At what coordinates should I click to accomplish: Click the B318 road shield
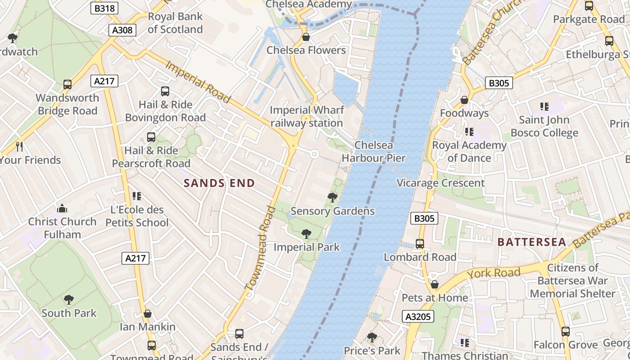[104, 8]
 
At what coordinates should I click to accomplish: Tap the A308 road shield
[122, 30]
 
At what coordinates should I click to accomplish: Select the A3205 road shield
[418, 317]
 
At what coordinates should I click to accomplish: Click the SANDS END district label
[219, 183]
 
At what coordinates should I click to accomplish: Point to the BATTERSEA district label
[531, 242]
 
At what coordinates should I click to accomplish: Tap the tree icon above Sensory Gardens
[333, 197]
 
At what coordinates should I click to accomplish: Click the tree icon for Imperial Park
[306, 234]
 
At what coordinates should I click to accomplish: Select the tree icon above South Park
[69, 299]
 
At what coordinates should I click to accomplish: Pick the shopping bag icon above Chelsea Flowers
[306, 37]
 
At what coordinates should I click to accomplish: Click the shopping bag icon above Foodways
[464, 100]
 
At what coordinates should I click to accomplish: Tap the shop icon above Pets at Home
[434, 284]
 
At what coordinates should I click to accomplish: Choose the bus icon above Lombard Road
[420, 244]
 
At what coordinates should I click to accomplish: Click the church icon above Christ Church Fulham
[62, 208]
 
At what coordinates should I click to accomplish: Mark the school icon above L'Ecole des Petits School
[137, 196]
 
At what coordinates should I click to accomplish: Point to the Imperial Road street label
[198, 82]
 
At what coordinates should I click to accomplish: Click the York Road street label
[494, 273]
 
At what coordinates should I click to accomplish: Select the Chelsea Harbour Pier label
[373, 152]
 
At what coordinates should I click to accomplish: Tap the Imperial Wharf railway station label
[307, 117]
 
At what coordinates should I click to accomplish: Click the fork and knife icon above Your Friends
[19, 146]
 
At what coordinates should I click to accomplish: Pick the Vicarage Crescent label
[440, 183]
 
